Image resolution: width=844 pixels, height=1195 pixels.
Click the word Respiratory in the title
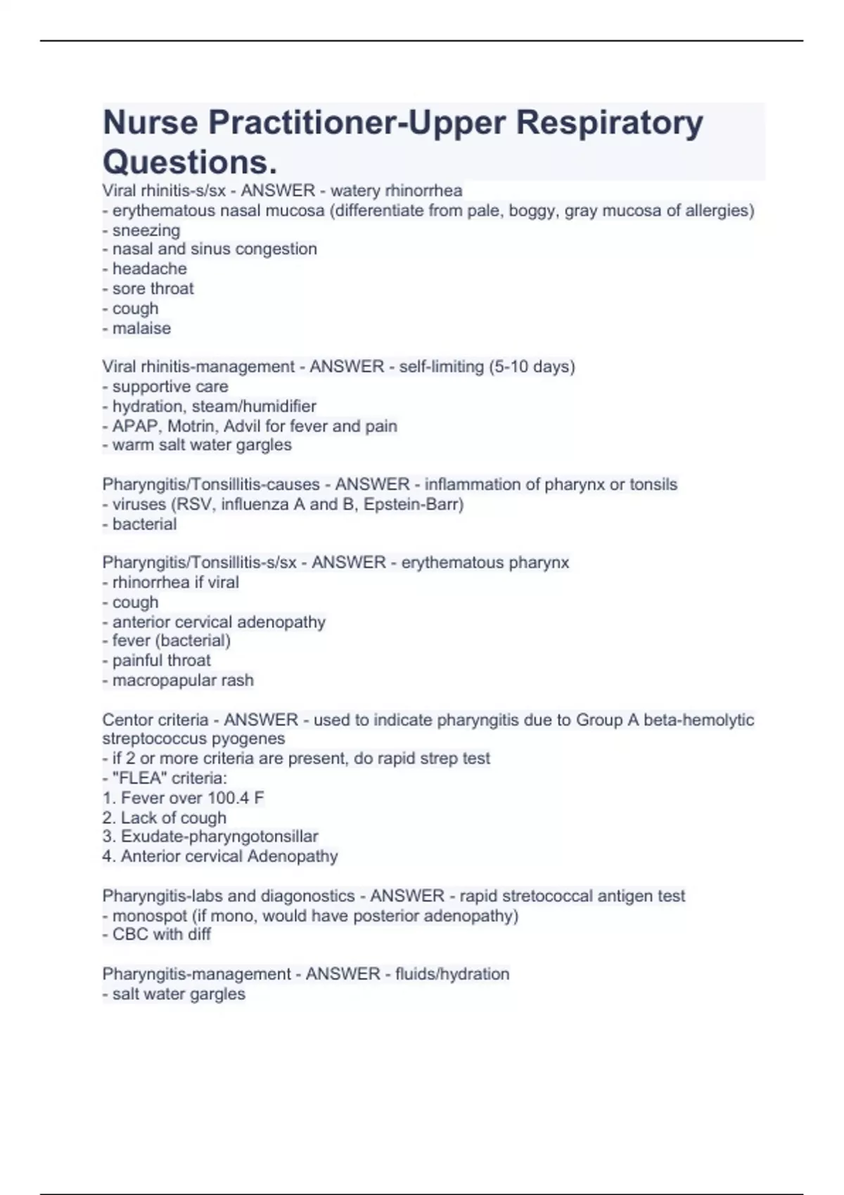[x=609, y=123]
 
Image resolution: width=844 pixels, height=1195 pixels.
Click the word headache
[x=150, y=269]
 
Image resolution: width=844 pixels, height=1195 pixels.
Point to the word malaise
[x=141, y=328]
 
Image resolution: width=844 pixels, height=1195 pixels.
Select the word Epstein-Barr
[x=414, y=505]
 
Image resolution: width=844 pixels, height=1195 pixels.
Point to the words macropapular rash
[x=183, y=680]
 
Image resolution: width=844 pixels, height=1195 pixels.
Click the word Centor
[x=127, y=720]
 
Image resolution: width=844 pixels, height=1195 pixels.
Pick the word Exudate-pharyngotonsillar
[x=219, y=836]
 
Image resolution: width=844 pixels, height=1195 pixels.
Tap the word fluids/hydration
[x=452, y=974]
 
